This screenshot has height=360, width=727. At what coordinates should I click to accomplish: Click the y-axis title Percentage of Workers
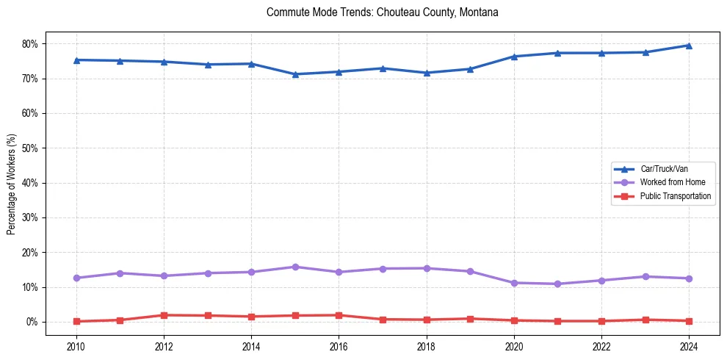[12, 184]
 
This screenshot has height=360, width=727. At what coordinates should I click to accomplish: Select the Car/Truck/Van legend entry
[663, 169]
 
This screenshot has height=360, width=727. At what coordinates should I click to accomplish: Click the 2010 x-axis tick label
[76, 345]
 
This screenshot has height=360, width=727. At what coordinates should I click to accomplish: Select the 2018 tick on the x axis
[427, 345]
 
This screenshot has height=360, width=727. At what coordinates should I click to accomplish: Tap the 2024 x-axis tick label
[689, 345]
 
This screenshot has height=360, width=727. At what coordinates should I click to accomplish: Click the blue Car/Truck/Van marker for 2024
[689, 46]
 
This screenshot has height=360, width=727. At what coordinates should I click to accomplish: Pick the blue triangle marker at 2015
[295, 74]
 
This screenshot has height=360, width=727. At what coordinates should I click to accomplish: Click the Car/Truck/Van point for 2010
[76, 60]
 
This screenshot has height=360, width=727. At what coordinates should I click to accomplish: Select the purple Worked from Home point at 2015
[295, 267]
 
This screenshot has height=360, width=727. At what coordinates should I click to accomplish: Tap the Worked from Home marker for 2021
[558, 284]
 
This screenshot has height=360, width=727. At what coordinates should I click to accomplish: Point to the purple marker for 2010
[76, 278]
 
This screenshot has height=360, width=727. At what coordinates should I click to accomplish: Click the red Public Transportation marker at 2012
[164, 315]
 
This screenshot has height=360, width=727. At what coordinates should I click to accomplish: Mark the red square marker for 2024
[689, 321]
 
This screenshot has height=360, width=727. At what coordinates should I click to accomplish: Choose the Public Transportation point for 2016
[339, 315]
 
